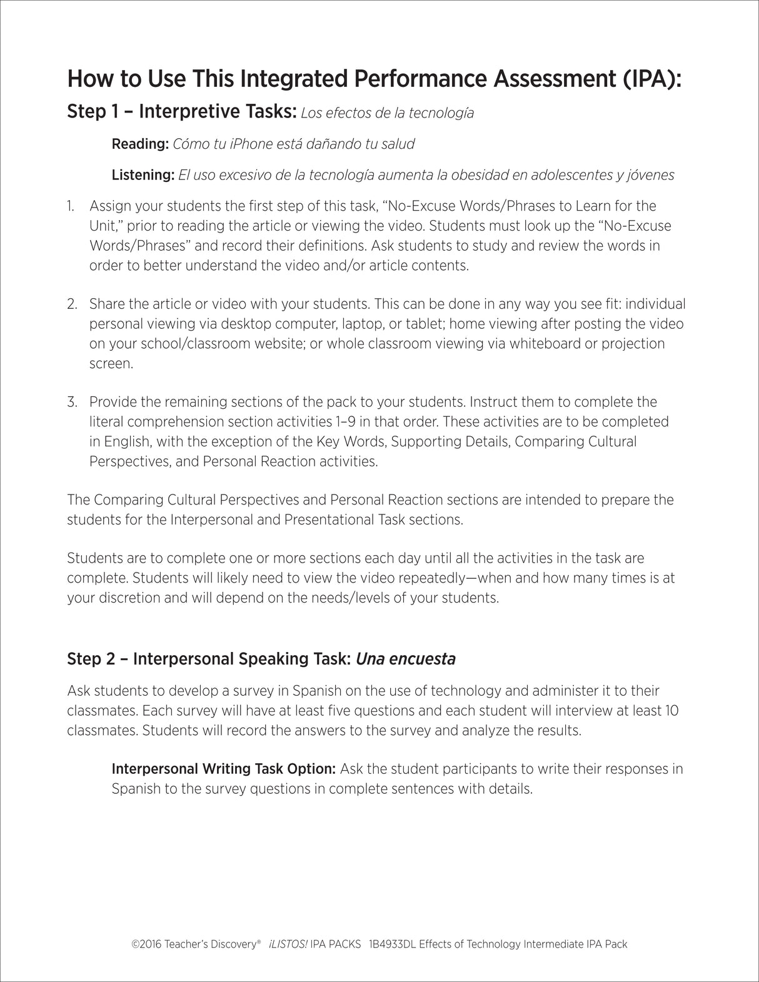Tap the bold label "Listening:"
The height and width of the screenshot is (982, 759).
[x=143, y=175]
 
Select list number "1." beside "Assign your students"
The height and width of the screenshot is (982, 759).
[x=71, y=206]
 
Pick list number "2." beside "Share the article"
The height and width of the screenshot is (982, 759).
[x=72, y=304]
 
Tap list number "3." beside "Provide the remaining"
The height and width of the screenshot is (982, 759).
[x=72, y=402]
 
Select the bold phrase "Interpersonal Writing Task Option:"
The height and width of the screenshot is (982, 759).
[x=224, y=769]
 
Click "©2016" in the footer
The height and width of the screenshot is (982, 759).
[x=146, y=944]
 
